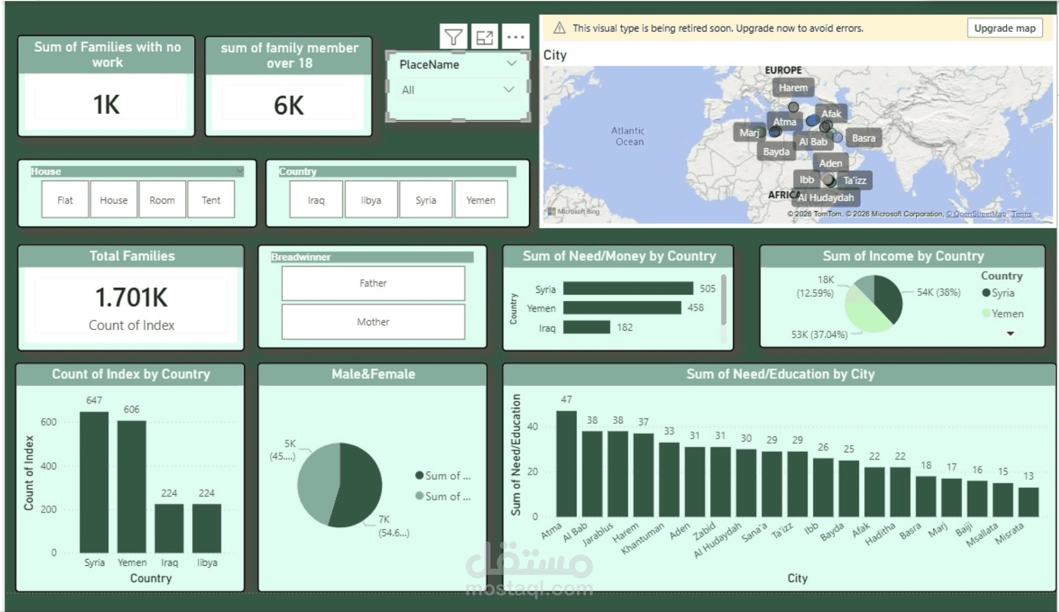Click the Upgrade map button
point(1004,28)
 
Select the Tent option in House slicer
point(211,200)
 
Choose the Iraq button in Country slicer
point(316,200)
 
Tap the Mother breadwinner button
point(373,322)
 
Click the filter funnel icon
point(453,37)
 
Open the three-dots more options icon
point(515,37)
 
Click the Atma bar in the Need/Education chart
point(566,464)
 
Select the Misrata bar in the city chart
point(1028,502)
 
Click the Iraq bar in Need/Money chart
point(586,327)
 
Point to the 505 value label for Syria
point(707,289)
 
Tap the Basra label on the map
point(863,138)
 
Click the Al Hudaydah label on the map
point(826,198)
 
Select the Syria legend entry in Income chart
point(1002,293)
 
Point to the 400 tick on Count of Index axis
point(48,466)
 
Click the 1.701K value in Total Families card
point(132,297)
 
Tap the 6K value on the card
point(289,105)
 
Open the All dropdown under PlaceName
point(457,90)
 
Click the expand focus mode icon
point(485,37)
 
